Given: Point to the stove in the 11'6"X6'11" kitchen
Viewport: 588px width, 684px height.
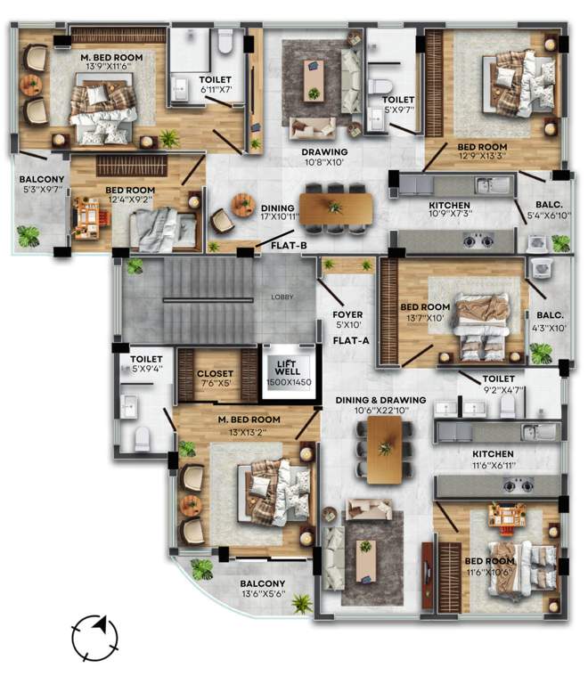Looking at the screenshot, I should point(518,484).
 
